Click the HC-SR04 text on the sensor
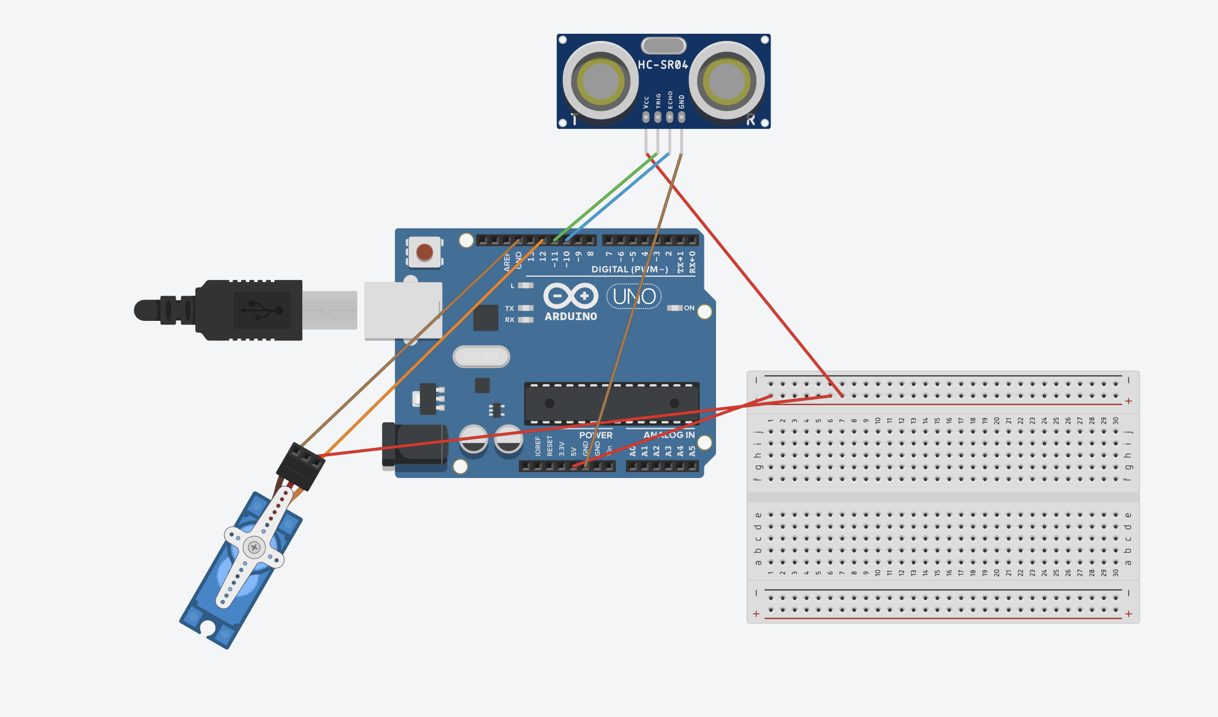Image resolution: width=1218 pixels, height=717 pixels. coord(663,65)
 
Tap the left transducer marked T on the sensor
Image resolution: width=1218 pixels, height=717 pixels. coord(600,81)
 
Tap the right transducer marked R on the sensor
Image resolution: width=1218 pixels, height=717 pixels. coord(726,81)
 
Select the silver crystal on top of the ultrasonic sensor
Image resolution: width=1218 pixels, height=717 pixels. coord(664,45)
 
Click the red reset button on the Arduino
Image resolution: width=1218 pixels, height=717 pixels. coord(425,252)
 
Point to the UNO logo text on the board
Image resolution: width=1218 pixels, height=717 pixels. coord(634,296)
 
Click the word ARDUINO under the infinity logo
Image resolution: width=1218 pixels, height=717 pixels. coord(571,316)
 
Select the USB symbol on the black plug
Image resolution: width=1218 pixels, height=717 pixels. coord(262,310)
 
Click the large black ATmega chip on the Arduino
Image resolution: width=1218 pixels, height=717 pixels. coord(611,403)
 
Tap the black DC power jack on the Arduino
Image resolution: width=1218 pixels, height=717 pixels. coord(415,444)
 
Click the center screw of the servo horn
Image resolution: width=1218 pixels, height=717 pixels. coord(254,547)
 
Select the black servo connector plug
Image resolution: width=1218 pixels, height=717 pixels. coord(301,467)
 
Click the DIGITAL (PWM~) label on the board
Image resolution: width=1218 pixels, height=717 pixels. coord(629,270)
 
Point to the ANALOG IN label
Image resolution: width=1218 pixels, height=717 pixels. coord(669,435)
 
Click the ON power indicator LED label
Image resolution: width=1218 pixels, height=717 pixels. coord(689,308)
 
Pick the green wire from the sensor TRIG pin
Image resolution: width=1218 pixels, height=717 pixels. coord(606,197)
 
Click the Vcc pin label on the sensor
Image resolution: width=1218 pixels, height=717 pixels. coord(646,102)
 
